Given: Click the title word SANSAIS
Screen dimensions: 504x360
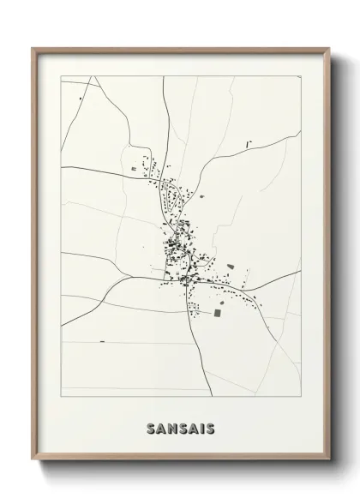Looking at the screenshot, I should [180, 427].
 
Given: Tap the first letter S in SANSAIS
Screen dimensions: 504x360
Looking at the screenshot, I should [150, 427].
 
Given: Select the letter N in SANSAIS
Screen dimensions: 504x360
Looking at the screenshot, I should [171, 427].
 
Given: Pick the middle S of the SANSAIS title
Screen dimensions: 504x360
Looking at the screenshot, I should [181, 427].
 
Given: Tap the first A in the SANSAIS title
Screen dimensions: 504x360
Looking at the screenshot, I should [160, 427].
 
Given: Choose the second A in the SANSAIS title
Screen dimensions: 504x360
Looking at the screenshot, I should [192, 427].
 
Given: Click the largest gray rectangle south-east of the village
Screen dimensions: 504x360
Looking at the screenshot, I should [216, 314].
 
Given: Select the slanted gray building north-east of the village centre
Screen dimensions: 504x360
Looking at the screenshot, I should [202, 194].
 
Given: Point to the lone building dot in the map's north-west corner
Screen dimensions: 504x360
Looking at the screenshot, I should [81, 99].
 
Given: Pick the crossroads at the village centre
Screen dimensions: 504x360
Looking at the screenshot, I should [181, 276].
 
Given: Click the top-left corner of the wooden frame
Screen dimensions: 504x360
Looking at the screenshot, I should [33, 48].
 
